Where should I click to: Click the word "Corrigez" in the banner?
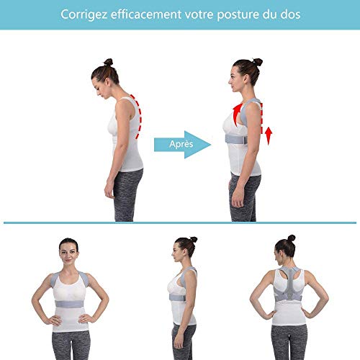(84, 14)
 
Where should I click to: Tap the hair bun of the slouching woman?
(108, 63)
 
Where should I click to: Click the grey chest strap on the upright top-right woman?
(241, 137)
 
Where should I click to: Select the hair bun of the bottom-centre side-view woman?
(193, 240)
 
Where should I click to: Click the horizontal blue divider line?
(180, 222)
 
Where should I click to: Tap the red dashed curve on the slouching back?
(138, 115)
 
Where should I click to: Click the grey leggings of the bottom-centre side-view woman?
(184, 342)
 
